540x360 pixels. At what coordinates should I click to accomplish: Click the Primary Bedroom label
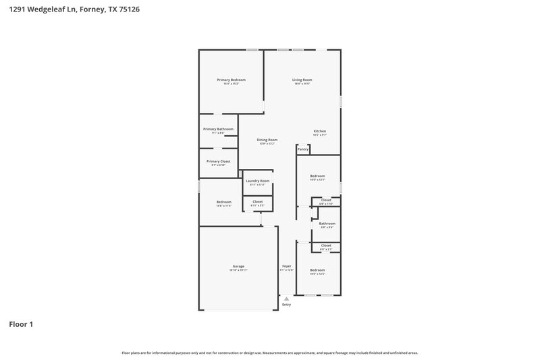click(231, 80)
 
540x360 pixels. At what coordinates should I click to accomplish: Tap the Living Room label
click(302, 80)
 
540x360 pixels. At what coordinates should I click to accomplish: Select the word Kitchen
click(319, 131)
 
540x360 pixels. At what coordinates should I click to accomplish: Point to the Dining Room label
click(267, 140)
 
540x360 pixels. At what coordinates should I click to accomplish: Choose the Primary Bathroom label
click(218, 129)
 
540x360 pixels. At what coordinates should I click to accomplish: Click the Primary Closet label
click(218, 161)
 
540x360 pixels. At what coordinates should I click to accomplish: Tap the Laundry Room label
click(257, 181)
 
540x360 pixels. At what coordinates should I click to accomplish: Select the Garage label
click(238, 266)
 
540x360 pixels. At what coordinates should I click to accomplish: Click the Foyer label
click(286, 266)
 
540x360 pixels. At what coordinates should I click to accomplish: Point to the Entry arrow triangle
click(286, 297)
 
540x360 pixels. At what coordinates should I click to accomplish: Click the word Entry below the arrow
click(286, 305)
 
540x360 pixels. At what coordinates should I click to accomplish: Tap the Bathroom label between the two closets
click(327, 224)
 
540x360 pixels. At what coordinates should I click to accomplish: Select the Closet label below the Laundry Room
click(257, 201)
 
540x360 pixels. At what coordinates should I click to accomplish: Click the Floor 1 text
click(21, 324)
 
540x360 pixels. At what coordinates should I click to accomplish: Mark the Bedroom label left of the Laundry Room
click(223, 202)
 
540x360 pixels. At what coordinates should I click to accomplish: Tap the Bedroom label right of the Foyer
click(317, 270)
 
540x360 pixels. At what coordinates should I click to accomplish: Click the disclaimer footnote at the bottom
click(270, 353)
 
